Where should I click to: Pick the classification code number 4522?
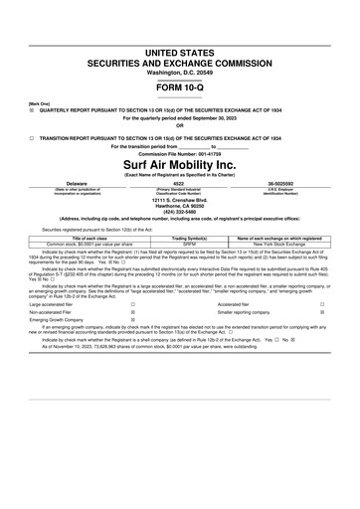click(179, 184)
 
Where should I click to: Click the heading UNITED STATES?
click(179, 50)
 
